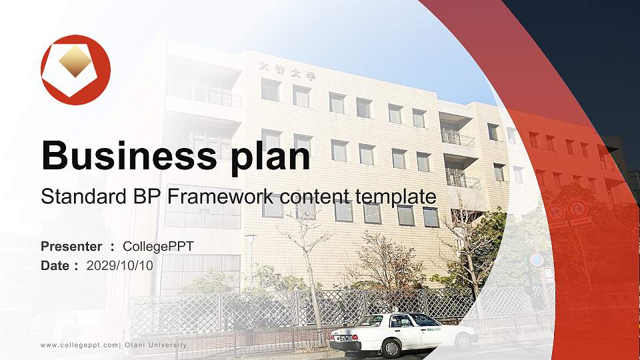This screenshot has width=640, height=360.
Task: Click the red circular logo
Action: [75, 70]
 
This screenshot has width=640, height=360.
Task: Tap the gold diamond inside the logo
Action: [75, 61]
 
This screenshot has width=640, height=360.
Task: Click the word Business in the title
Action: [129, 155]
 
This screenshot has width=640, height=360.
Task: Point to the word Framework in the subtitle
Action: [221, 196]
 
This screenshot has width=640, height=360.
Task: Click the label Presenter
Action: [71, 246]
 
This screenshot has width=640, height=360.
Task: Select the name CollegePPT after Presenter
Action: [158, 247]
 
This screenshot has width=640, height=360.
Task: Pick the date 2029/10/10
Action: [119, 266]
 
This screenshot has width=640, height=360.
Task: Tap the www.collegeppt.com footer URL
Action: [79, 345]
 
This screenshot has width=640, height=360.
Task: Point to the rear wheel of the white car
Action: [391, 348]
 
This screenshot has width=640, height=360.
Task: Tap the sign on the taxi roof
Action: [395, 310]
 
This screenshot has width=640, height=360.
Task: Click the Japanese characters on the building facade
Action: [286, 71]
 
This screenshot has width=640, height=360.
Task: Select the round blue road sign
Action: [537, 260]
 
